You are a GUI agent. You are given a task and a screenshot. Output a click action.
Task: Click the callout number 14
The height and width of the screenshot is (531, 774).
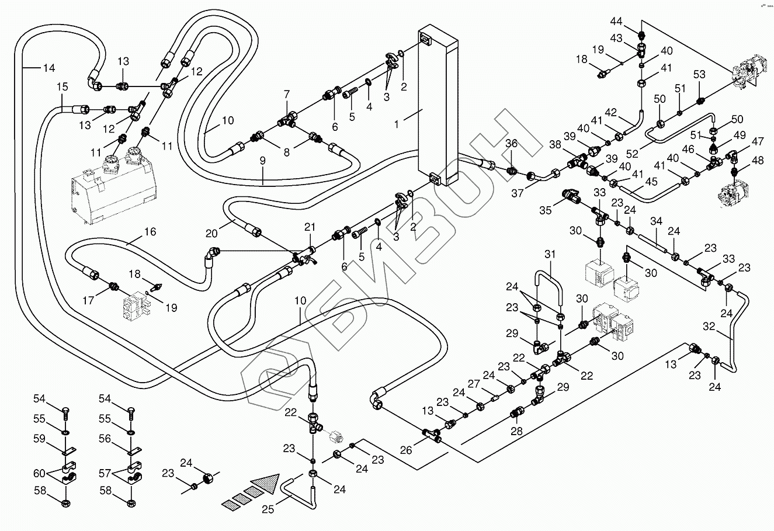tap(49, 68)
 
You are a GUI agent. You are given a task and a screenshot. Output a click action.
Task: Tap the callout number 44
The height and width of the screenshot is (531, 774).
tap(616, 22)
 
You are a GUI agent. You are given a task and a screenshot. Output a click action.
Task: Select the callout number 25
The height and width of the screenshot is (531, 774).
tap(268, 509)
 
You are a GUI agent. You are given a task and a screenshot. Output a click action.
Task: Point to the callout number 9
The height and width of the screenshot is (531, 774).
tap(263, 161)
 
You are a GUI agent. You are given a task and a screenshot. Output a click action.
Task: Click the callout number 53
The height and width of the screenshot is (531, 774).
tap(699, 74)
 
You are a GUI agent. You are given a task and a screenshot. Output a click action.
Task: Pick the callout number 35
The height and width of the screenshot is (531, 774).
tap(546, 210)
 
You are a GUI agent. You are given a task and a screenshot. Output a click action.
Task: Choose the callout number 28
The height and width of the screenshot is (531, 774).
tap(516, 431)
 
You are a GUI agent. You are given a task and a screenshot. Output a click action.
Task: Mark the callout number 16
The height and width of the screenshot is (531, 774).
tap(150, 231)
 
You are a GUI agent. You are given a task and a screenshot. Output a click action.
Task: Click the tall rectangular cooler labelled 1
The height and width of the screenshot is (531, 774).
tap(438, 105)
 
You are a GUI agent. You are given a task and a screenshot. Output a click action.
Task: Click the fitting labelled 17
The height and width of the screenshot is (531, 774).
tap(114, 286)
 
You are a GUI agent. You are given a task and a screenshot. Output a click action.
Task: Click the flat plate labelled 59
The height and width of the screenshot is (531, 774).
tap(70, 450)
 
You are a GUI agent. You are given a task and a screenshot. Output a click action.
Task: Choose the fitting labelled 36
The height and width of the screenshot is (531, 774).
tap(512, 170)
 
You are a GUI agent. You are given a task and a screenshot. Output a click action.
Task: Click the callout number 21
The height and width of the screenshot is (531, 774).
tap(310, 227)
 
